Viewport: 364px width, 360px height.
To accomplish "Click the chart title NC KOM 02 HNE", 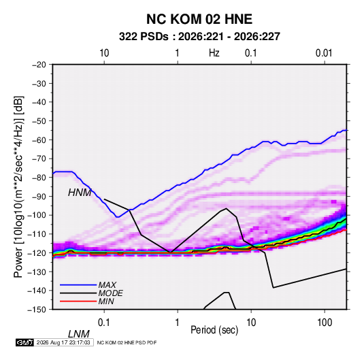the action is point(199,19).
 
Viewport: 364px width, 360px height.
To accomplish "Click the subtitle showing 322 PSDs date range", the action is point(199,37).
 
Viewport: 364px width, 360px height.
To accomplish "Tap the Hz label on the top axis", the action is point(214,53).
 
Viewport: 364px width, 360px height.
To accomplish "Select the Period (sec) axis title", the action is point(214,330).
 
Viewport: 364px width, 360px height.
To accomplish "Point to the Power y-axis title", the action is point(18,187).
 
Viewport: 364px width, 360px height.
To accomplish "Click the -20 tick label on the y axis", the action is point(39,65).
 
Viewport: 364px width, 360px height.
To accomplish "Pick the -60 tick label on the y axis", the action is point(39,140).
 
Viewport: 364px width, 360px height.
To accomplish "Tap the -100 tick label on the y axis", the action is point(37,215).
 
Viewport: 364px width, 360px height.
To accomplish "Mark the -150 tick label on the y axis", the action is point(37,310).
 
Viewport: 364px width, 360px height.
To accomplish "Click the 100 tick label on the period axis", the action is point(325,323).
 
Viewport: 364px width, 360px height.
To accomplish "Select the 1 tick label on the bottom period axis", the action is point(178,323).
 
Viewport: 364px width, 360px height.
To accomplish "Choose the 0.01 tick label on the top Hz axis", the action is point(324,53).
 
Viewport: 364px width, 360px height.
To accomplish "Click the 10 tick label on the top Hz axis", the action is point(104,53).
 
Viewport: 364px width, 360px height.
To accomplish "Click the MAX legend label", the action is point(107,285).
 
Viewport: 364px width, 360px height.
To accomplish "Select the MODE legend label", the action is point(110,293).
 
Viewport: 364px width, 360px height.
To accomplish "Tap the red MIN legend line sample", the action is point(78,301).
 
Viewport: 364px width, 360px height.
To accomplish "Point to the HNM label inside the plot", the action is point(80,193).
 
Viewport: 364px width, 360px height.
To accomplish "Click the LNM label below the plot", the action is point(79,334).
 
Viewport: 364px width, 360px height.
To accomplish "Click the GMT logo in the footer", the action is point(24,342).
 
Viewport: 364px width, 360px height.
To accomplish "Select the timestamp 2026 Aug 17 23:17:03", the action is point(63,342).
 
